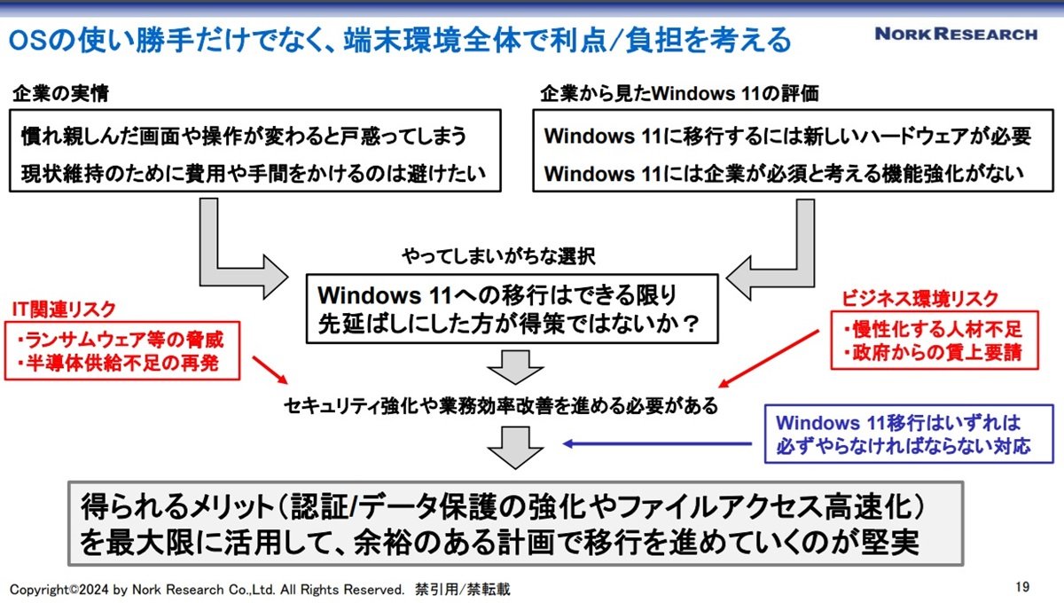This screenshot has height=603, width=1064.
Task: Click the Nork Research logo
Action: [956, 35]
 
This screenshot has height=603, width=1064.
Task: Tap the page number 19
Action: [1022, 587]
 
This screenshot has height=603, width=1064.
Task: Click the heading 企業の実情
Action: [61, 93]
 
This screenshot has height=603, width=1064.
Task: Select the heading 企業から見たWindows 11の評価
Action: [679, 93]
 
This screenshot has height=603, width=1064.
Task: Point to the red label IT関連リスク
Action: [64, 309]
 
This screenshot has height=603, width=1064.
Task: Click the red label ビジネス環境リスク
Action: [919, 299]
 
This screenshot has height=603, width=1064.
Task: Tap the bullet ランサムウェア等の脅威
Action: [120, 340]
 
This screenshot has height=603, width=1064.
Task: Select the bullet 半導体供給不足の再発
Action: [117, 364]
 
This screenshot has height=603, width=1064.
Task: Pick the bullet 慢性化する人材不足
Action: [933, 329]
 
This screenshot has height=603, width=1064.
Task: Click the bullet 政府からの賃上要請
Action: [933, 353]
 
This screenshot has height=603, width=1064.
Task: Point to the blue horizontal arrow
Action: [657, 443]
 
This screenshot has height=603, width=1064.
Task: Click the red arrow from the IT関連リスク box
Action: [270, 370]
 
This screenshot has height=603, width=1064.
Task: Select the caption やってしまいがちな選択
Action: [498, 256]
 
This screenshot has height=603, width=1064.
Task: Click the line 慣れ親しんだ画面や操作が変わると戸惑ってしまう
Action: [244, 137]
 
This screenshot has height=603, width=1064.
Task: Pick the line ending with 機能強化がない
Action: [784, 174]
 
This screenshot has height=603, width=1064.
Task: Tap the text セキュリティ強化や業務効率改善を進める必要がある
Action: [501, 406]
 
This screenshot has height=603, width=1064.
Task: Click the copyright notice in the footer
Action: [260, 590]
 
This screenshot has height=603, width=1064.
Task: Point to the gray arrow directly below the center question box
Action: [515, 367]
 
